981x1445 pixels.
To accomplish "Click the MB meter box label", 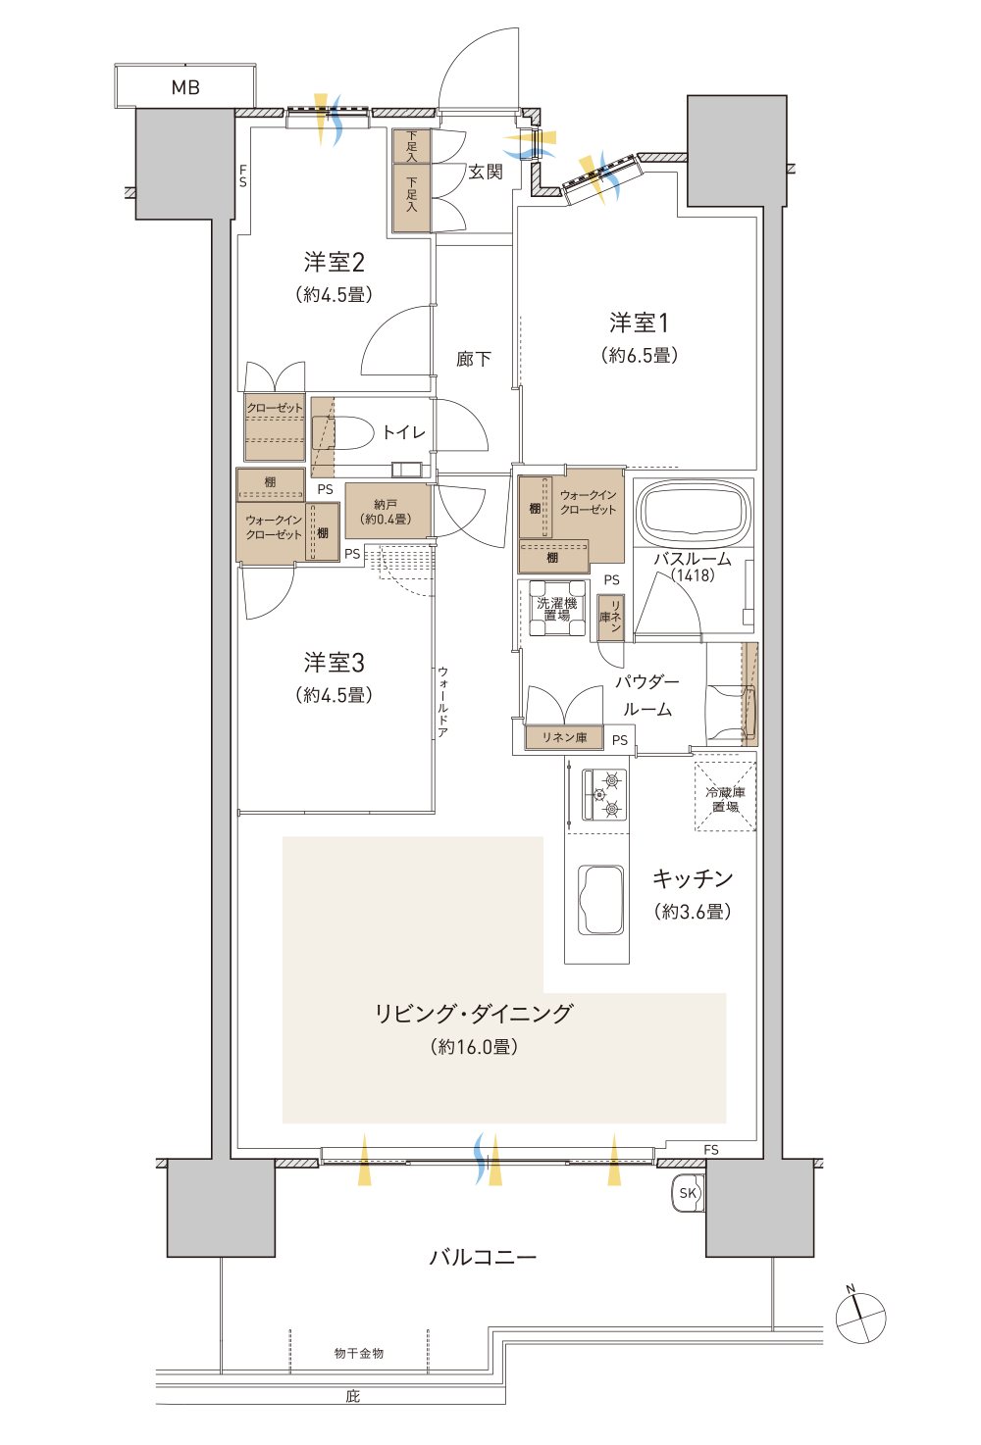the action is pos(185,87).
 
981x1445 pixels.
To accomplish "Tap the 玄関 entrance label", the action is pos(486,172).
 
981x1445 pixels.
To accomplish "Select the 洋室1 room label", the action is pos(639,323).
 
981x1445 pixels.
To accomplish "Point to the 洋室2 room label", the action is pos(335,263).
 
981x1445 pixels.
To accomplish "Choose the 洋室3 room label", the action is pos(335,663).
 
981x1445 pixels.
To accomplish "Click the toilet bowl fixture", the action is pos(343,432).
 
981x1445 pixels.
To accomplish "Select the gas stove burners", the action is pos(604,794).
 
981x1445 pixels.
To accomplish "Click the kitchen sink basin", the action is pos(600,900).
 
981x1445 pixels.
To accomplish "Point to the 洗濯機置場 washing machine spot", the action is pos(557,609).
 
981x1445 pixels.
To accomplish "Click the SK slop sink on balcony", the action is pos(688,1193).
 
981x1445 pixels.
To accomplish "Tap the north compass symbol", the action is pos(860,1319).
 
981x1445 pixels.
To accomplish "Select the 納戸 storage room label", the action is pos(386,512).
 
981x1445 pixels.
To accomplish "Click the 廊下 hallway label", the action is pos(474,359).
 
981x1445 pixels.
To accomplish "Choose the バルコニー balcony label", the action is pos(483,1258).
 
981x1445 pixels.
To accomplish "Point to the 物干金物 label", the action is pos(359,1353).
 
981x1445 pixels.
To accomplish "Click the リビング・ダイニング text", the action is pos(474,1014).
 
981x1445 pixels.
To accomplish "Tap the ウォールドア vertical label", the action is pos(442,702).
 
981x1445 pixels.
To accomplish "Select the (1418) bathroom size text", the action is pos(694,574).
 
